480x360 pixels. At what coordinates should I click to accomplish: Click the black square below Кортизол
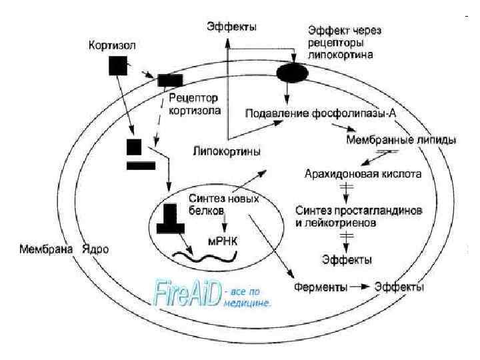117,65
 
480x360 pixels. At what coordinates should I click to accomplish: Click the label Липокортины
227,151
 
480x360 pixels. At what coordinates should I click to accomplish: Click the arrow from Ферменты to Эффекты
361,287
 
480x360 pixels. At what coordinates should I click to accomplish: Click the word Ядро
94,250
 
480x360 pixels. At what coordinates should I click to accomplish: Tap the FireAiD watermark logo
187,293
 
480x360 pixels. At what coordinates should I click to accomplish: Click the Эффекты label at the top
231,27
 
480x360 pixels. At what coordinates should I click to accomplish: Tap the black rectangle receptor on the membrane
171,81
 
